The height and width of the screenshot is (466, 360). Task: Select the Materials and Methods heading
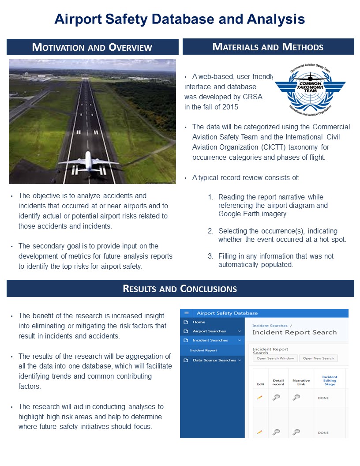[268, 47]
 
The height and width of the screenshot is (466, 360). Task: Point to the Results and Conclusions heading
[180, 289]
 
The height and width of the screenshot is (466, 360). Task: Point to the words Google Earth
[239, 214]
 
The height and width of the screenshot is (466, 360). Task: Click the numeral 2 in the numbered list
[210, 231]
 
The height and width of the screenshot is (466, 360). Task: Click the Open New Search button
[318, 358]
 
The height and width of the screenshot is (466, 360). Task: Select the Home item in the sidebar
[199, 322]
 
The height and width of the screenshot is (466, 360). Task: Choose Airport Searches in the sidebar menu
[209, 331]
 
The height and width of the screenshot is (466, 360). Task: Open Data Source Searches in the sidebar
[214, 361]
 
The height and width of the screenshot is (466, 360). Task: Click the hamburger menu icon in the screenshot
[186, 313]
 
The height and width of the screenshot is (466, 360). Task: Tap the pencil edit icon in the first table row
[260, 398]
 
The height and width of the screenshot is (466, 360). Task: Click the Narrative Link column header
[301, 382]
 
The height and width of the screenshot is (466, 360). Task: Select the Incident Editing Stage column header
[330, 381]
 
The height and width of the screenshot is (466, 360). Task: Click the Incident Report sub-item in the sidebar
[203, 350]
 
